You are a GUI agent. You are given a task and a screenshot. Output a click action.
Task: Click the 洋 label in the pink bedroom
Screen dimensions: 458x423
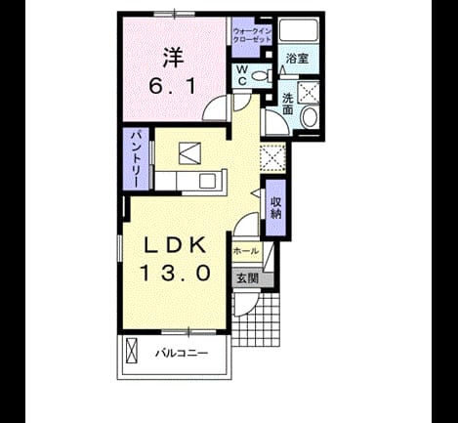tap(174, 58)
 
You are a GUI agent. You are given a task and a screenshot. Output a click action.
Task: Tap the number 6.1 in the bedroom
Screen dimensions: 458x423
tap(173, 87)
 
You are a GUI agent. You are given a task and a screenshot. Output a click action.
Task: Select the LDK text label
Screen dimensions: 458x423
tap(175, 245)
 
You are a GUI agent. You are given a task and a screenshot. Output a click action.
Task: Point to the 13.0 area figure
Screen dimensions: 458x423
tap(175, 273)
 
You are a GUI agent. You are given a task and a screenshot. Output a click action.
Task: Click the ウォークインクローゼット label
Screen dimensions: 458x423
tap(252, 36)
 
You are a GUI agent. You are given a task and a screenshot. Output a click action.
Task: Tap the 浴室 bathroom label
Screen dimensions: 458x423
tap(297, 59)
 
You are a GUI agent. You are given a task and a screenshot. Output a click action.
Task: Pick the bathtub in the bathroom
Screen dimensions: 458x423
tap(299, 31)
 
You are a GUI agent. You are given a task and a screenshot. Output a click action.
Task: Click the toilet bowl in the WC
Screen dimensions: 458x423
tap(263, 76)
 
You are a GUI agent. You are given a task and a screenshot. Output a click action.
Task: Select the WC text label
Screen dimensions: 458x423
tap(242, 75)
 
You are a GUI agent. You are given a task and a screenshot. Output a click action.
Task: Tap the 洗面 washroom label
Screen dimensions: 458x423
tap(287, 104)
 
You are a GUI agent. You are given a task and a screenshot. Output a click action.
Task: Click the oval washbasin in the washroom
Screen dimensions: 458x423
tap(310, 117)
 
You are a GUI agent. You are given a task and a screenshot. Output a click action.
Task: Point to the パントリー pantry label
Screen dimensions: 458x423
tap(136, 158)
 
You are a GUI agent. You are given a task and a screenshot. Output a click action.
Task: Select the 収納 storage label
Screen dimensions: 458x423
tap(275, 208)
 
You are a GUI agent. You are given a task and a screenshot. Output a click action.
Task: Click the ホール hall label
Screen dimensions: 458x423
tap(246, 251)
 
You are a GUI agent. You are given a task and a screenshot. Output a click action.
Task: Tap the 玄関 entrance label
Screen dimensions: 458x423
tap(248, 278)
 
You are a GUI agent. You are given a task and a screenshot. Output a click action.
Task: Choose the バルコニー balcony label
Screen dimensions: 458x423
tap(182, 353)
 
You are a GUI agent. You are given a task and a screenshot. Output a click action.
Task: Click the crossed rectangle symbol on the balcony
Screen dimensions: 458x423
tap(132, 351)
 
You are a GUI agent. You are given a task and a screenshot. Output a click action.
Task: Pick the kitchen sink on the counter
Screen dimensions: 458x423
tap(207, 181)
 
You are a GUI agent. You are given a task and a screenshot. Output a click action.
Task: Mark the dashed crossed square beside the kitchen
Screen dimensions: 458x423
tap(272, 156)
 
